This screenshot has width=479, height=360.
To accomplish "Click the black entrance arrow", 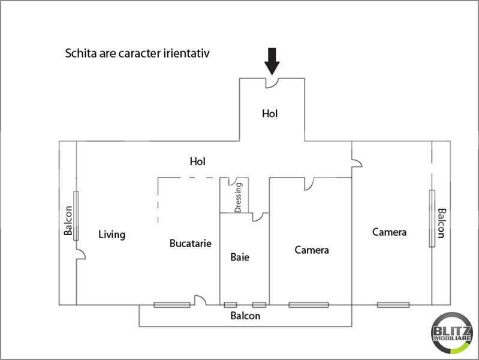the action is click(x=272, y=61).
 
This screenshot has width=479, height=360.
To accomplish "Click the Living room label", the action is click(x=112, y=235).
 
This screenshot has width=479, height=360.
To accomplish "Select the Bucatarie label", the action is click(x=190, y=243).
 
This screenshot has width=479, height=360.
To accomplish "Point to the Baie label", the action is click(x=240, y=257).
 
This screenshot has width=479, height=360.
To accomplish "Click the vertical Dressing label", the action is click(x=238, y=197).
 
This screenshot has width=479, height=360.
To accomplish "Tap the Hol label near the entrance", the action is click(x=270, y=113).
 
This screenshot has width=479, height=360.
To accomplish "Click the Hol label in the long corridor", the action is click(x=197, y=161).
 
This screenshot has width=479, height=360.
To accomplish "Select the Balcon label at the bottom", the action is click(x=245, y=316).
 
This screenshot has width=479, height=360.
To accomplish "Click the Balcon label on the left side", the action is click(x=68, y=220).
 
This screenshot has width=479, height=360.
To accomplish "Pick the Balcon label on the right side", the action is click(x=442, y=223).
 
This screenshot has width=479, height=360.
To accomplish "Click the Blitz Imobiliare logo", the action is click(x=452, y=333).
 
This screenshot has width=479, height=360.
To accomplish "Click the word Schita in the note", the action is click(x=81, y=53).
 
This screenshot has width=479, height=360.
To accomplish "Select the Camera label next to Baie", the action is click(x=312, y=250).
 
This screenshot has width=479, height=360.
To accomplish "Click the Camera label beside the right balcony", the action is click(x=389, y=232).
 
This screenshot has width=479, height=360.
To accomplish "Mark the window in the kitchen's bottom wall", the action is click(x=172, y=305).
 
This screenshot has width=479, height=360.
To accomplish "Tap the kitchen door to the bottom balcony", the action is click(x=200, y=300).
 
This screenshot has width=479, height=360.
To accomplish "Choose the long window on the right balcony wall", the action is click(x=432, y=218).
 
